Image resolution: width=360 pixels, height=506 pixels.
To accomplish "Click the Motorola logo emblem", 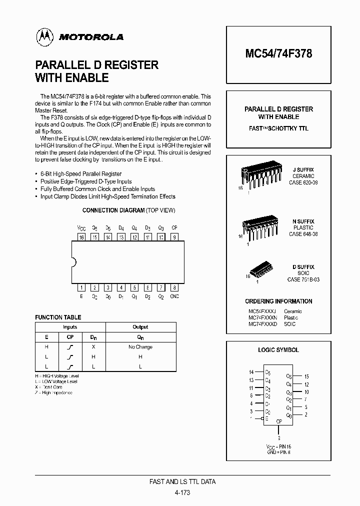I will (44, 37).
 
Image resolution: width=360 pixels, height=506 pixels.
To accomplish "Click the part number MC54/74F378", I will (279, 53).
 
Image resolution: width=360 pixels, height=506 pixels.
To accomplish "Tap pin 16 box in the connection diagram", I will (81, 237).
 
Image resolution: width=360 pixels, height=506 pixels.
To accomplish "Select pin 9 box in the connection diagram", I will (174, 237).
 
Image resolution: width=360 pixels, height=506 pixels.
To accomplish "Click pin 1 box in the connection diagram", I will (81, 287).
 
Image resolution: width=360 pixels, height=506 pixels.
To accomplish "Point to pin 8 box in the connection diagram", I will (174, 287).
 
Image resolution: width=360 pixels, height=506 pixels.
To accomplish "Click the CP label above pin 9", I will (174, 228).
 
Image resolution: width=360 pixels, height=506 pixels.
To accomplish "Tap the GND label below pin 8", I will (174, 296).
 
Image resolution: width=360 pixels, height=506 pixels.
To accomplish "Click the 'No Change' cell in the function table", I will (140, 346).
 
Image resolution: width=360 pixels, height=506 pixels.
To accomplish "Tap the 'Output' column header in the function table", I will (140, 327).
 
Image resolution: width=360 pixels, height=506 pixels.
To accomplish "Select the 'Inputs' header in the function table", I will (70, 327).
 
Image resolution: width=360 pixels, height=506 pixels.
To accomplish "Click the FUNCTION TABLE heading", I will (58, 317).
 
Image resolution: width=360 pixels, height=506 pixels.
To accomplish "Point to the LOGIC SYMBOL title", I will (278, 350).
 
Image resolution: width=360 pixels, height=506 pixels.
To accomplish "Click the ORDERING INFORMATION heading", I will (278, 301).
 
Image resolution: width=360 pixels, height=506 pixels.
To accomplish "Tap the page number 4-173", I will (182, 492).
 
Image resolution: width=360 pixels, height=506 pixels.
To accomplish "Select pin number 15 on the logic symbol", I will (306, 376).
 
